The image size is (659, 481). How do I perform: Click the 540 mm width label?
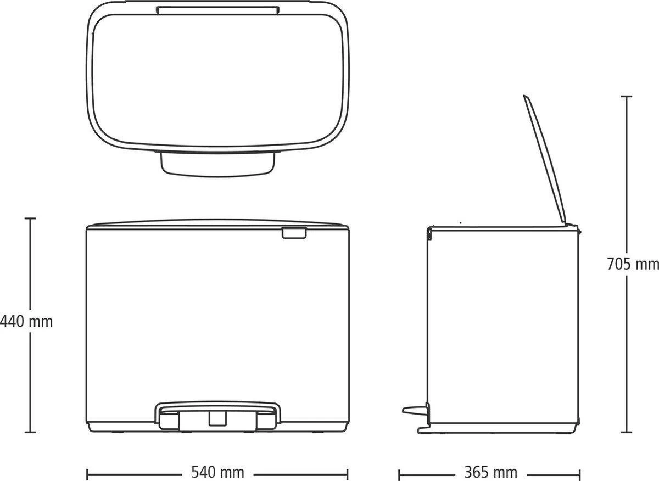[x=217, y=472]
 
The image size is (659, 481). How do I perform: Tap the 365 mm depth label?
[x=490, y=472]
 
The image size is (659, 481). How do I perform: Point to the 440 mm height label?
[x=27, y=321]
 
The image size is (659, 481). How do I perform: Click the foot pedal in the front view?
[x=217, y=415]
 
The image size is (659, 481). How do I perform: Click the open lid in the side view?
[x=545, y=159]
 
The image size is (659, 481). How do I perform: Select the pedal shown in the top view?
[x=217, y=163]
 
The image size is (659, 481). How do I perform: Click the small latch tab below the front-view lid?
[x=294, y=234]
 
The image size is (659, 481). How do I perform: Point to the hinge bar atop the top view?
[x=217, y=9]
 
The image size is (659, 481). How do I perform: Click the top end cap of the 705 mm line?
[x=626, y=97]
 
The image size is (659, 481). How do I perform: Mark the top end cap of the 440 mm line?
[x=31, y=219]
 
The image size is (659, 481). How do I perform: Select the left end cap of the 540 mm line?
[x=87, y=472]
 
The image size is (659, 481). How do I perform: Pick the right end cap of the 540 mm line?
[x=348, y=472]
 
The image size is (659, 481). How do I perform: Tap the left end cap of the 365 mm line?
[x=399, y=472]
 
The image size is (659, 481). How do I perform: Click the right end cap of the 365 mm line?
[x=580, y=472]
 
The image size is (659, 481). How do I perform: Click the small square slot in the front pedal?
[x=217, y=419]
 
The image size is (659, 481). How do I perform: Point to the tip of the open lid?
[x=526, y=97]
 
